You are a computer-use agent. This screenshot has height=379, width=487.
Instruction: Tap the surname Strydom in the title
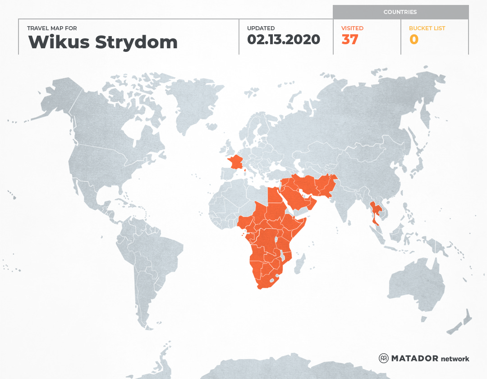pos(136,42)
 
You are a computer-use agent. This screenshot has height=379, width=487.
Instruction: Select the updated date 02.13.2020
pos(283,40)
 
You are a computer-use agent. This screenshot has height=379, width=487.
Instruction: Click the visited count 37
pos(350,40)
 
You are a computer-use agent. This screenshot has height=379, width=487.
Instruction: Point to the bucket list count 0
pos(413,40)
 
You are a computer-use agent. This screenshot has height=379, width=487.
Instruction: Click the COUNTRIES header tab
pos(400,12)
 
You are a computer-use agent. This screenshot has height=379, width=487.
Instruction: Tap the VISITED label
pos(352,28)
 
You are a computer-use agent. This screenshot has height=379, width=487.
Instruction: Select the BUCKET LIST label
pos(427,28)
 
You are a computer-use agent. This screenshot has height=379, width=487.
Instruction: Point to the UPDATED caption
pos(261,28)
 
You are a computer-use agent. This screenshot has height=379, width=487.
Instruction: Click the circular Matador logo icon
pos(383,359)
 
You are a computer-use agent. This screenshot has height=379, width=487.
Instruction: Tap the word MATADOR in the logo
pos(414,359)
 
